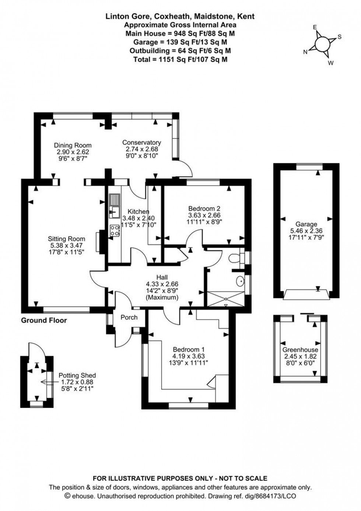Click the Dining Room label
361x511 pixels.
[73, 145]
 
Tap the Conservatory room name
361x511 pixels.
[141, 143]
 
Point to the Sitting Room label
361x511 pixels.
[66, 239]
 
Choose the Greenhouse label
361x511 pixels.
[300, 350]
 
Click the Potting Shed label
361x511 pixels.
[77, 375]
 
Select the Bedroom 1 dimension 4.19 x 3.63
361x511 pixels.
[188, 356]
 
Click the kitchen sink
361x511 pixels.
[114, 211]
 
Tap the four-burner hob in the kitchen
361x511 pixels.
[114, 231]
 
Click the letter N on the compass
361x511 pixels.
[305, 52]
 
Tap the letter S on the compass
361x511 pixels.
[340, 37]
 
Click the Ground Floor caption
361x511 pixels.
[44, 321]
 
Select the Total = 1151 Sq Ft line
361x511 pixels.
[180, 59]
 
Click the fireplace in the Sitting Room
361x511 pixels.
[98, 242]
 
